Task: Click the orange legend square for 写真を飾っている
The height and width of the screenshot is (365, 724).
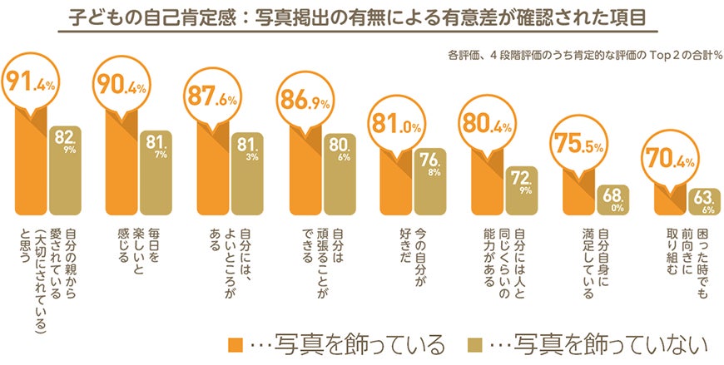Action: pyautogui.click(x=235, y=343)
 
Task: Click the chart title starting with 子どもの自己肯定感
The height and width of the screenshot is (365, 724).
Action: pyautogui.click(x=360, y=17)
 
